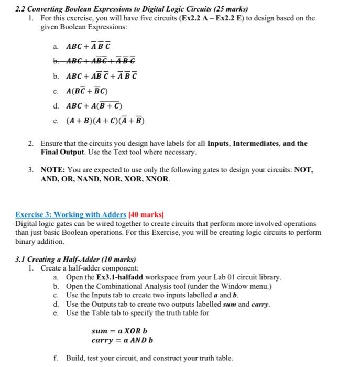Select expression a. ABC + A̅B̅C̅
click(x=92, y=46)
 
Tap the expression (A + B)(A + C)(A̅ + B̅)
click(x=105, y=121)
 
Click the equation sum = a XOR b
click(x=119, y=331)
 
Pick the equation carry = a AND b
click(x=122, y=340)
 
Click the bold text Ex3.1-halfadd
click(x=120, y=277)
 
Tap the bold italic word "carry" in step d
click(x=259, y=304)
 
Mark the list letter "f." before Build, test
click(x=56, y=358)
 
